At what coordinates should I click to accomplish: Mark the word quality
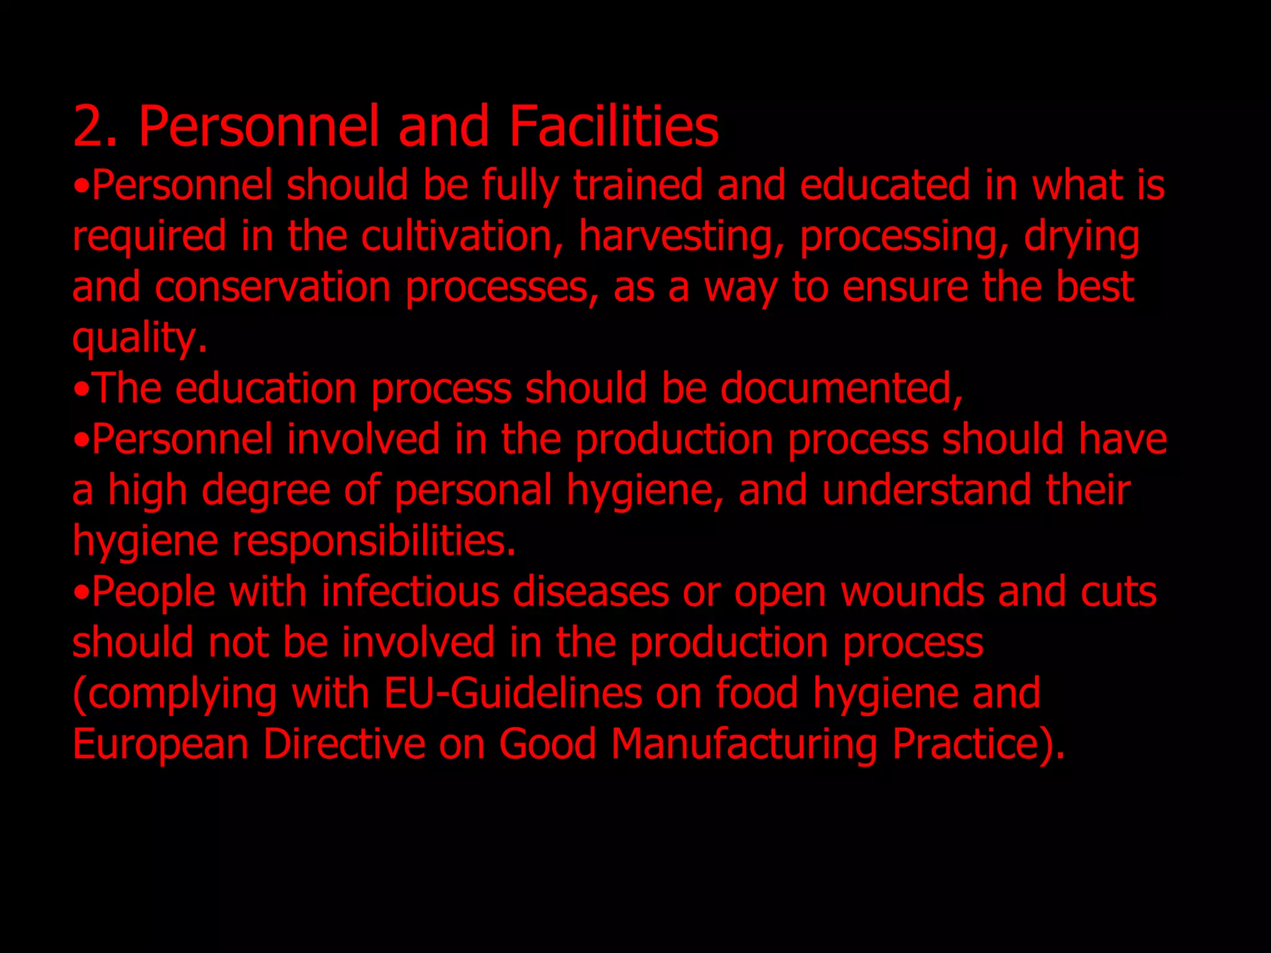tap(140, 339)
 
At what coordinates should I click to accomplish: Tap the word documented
tap(842, 388)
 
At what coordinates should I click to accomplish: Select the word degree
tap(266, 491)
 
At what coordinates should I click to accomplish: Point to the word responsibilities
tap(374, 541)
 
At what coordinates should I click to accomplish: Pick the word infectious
tap(410, 591)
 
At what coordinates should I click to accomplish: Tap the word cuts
tap(1118, 593)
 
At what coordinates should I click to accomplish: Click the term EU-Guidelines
tap(513, 693)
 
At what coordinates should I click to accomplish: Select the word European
tap(161, 745)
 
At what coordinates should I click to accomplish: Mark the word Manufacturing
tap(743, 745)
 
